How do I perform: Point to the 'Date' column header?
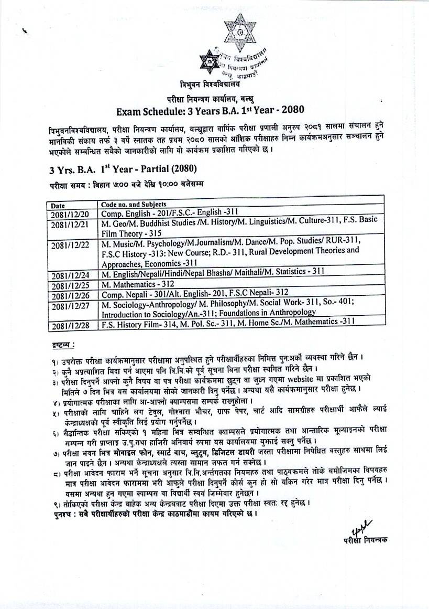[58, 205]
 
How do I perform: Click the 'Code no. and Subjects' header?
[134, 204]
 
